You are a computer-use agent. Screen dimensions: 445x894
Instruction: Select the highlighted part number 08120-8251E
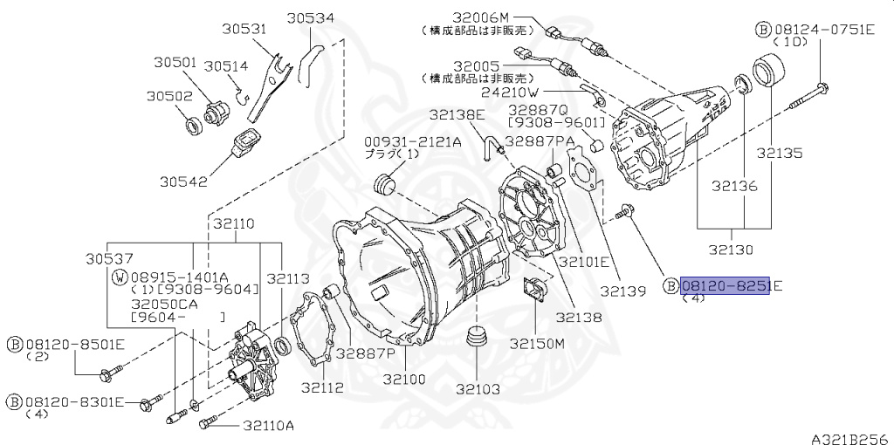(726, 286)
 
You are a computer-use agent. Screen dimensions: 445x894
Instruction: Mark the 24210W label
(509, 91)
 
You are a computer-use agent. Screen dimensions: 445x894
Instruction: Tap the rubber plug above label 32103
(477, 339)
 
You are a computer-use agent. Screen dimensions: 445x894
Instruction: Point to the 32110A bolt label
(268, 426)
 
